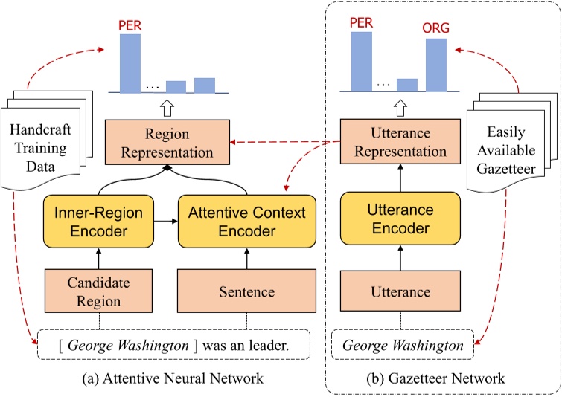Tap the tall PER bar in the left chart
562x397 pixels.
tap(130, 63)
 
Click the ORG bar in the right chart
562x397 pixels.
tap(436, 65)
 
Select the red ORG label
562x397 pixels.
tap(436, 29)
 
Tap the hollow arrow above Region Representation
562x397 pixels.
tap(167, 109)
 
